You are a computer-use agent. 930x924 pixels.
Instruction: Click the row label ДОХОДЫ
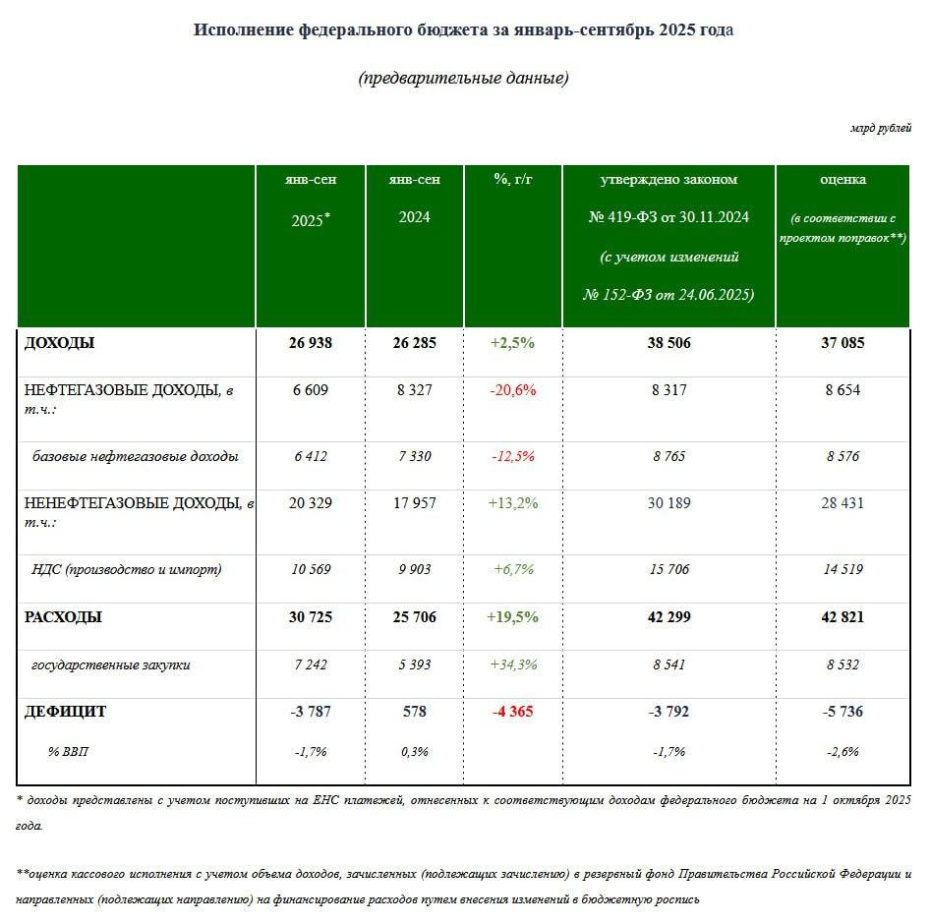pos(60,343)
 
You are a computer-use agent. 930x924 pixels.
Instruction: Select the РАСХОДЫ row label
pos(63,617)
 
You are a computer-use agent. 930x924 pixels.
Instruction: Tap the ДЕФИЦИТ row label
pos(65,711)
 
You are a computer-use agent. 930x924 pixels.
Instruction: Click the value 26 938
pos(310,343)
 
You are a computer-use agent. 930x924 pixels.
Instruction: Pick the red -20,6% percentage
pos(512,390)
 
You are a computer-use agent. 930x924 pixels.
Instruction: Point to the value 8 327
pos(413,390)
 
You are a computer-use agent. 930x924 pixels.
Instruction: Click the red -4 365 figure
pos(512,711)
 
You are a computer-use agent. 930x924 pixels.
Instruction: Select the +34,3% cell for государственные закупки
pos(512,664)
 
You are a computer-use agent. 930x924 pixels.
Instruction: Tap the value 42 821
pos(843,617)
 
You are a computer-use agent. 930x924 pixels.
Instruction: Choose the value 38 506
pos(668,343)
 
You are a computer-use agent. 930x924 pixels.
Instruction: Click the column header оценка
pos(843,179)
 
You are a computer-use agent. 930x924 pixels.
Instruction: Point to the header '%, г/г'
pos(512,179)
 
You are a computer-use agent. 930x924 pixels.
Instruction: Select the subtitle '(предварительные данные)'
pos(464,79)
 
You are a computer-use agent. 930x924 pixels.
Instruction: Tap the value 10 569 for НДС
pos(310,569)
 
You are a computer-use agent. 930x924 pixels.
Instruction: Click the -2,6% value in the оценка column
pos(843,751)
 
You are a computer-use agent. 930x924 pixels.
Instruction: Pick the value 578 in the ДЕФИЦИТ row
pos(413,711)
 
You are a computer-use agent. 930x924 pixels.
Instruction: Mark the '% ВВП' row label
pos(69,751)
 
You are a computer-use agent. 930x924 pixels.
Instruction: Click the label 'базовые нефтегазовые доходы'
pos(136,456)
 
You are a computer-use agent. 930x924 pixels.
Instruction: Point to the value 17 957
pos(413,503)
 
